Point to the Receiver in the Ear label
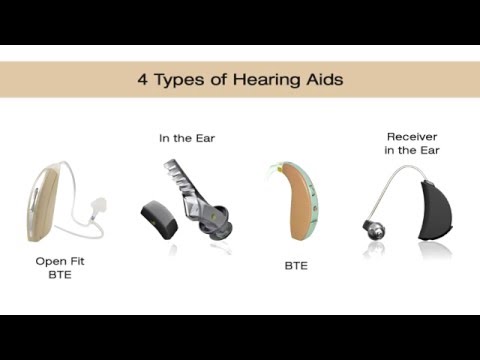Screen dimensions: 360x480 413,143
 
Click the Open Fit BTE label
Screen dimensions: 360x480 61,267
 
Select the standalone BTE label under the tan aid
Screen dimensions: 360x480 295,266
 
